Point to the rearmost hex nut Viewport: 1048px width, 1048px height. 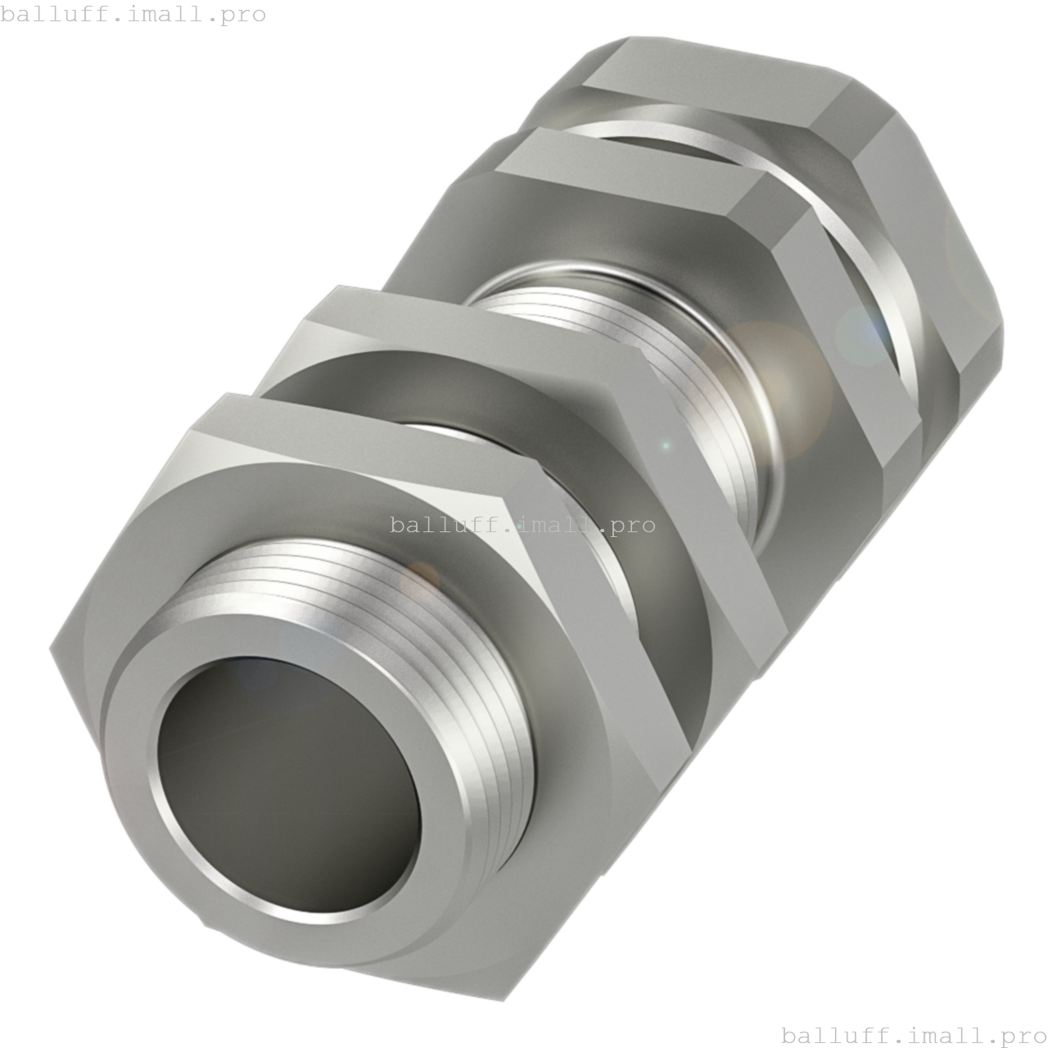point(901,164)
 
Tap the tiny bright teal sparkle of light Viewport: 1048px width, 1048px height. point(666,446)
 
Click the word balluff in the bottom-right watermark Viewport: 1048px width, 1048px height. point(831,1034)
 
